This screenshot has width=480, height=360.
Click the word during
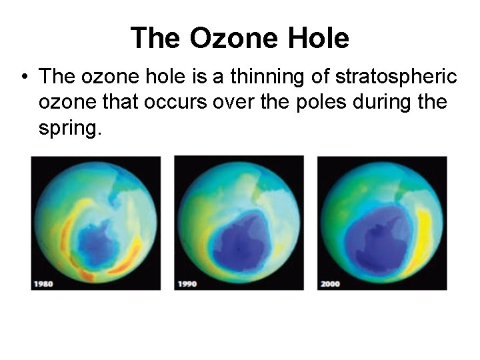(x=389, y=103)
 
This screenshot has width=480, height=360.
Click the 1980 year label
(x=43, y=284)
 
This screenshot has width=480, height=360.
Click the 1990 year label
(x=187, y=284)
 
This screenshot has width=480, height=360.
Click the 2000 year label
(x=330, y=284)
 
